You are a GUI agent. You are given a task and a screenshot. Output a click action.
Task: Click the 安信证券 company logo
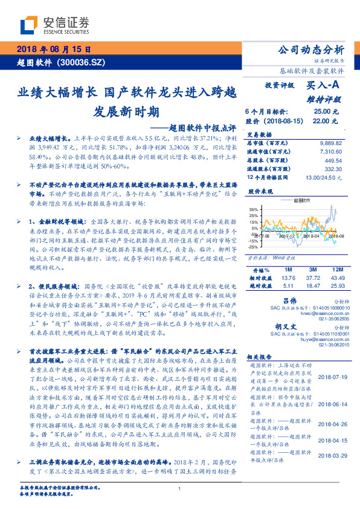point(55,25)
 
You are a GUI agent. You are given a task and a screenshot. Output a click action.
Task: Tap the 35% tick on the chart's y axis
point(252,209)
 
